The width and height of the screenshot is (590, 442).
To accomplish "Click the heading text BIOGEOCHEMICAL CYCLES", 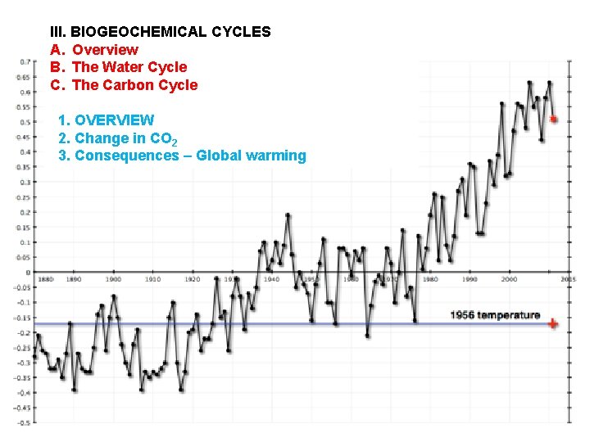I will (170, 32).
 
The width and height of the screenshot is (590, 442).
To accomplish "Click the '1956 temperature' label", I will (495, 315).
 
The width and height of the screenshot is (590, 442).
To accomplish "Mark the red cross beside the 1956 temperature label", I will (553, 324).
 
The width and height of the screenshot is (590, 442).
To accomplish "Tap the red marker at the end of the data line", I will (554, 120).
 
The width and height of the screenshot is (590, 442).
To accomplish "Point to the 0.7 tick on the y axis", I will (25, 61).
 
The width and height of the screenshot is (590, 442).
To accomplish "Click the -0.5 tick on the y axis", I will (25, 422).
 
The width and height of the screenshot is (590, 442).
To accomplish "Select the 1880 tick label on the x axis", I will (45, 279).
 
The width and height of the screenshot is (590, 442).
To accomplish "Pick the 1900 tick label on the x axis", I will (112, 279).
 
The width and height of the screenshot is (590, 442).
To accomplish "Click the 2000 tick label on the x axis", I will (509, 279).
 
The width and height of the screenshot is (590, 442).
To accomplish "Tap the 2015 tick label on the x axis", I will (567, 279).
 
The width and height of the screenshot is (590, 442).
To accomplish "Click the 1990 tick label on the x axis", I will (469, 279).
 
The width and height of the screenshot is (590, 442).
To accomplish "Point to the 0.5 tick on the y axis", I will (25, 122).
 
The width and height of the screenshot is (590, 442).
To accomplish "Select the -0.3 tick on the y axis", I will (25, 363).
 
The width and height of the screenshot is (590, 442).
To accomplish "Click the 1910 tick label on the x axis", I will (152, 279).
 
